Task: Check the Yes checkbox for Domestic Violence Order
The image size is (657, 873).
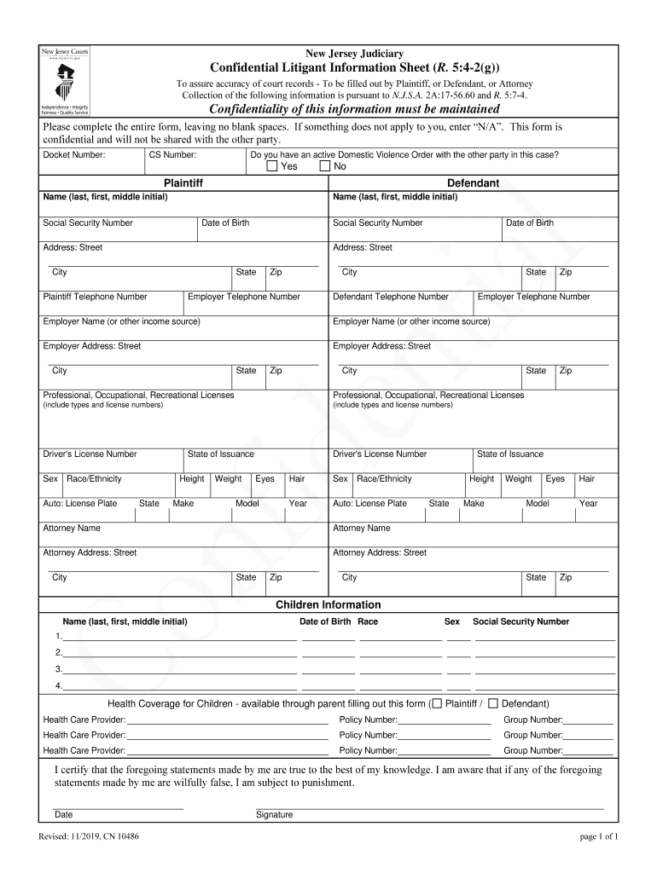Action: [x=271, y=166]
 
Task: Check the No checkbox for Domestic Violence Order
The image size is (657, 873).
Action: [x=324, y=166]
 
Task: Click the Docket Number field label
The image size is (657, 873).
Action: [x=74, y=155]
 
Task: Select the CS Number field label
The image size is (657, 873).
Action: [x=172, y=155]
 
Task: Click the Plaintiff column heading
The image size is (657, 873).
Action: [x=183, y=183]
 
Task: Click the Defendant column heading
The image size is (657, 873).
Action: [x=473, y=183]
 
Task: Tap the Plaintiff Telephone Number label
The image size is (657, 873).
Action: [x=95, y=297]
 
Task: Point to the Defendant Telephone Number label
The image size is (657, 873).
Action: [x=390, y=297]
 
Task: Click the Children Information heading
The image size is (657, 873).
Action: [x=328, y=605]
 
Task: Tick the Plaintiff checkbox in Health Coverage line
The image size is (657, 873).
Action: [x=437, y=704]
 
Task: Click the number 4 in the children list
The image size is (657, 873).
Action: [x=59, y=686]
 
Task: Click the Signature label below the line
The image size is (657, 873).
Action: [x=274, y=815]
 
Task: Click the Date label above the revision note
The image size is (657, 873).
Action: [x=64, y=815]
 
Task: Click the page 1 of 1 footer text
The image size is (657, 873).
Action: [x=598, y=837]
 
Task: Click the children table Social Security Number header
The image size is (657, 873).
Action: [x=520, y=622]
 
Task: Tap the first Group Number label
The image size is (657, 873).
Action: [x=532, y=720]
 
